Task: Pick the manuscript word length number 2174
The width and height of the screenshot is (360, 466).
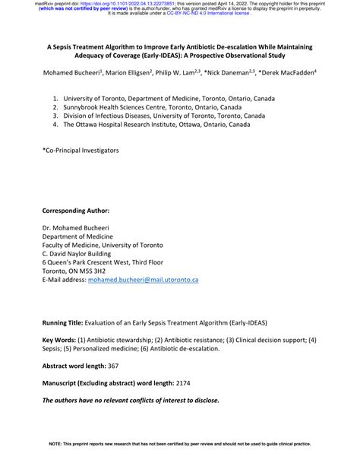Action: tap(187, 383)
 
